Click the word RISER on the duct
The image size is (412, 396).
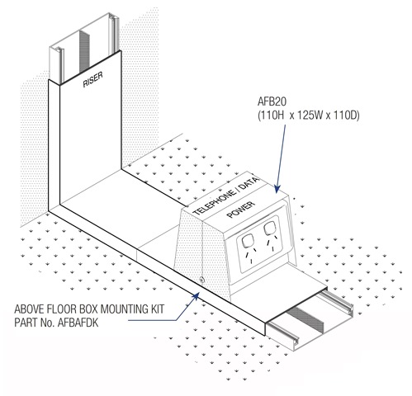coord(93,79)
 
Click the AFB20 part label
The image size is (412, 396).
coord(272,101)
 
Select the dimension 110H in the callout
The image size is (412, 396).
coord(272,115)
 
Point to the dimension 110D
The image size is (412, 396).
coord(345,115)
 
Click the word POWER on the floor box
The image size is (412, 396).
coord(241,210)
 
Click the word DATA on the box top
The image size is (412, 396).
coord(249,183)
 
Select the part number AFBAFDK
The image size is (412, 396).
coord(78,323)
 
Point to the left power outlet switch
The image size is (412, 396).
coord(247,241)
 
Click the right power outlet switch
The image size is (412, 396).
coord(269,229)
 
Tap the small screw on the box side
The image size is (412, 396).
coord(202,280)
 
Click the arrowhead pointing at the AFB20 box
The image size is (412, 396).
coord(277,189)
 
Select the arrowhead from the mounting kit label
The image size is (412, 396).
coord(196,296)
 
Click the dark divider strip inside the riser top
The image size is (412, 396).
coord(84,51)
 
